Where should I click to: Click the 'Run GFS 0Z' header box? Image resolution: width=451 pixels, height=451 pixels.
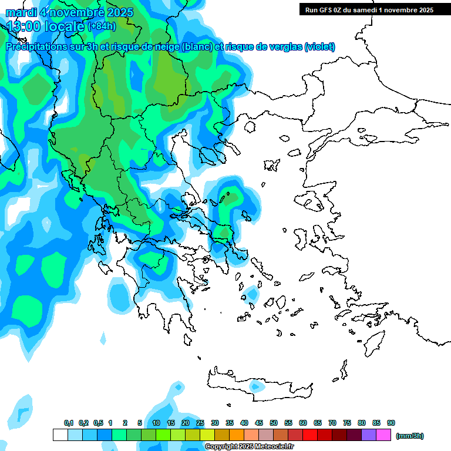coord(367,9)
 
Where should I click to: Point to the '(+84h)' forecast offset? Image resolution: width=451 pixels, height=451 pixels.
coord(102,26)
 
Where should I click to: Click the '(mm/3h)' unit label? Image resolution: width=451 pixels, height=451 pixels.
coord(410,436)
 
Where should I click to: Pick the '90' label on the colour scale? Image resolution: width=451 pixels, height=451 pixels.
coord(391,423)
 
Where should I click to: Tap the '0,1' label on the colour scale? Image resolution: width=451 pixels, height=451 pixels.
coord(69,423)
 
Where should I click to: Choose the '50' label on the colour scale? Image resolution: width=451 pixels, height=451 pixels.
coord(274,423)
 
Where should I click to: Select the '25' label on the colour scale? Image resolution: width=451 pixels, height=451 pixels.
coord(200,423)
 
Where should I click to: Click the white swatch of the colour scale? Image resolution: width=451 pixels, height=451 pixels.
coord(60,435)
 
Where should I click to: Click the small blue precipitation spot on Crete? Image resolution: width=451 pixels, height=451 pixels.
coord(255,386)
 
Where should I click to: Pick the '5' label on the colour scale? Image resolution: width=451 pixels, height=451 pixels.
coord(140,423)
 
